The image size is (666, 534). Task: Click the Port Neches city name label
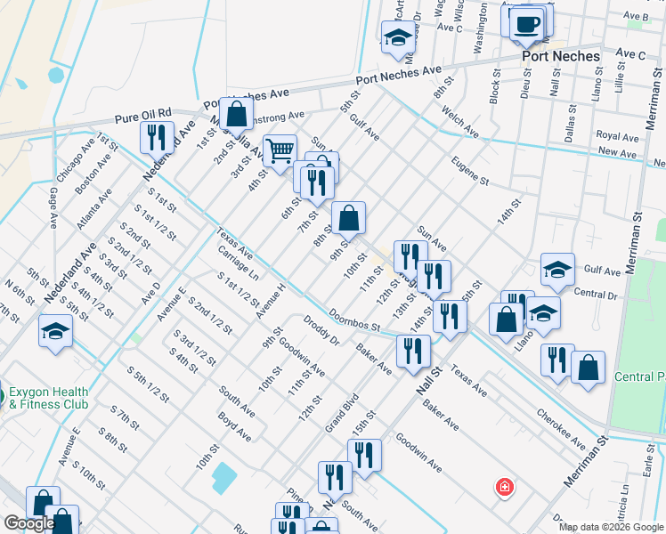point(560,55)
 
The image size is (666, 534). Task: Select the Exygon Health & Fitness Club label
point(49,398)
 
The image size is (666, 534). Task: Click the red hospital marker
point(504,488)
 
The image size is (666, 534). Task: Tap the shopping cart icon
point(280,151)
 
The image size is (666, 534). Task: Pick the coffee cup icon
point(527,23)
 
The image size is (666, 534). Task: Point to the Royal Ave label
point(618,137)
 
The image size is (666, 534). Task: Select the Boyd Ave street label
point(235,425)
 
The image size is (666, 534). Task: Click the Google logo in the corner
point(29,524)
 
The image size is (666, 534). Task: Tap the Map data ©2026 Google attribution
point(610,527)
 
